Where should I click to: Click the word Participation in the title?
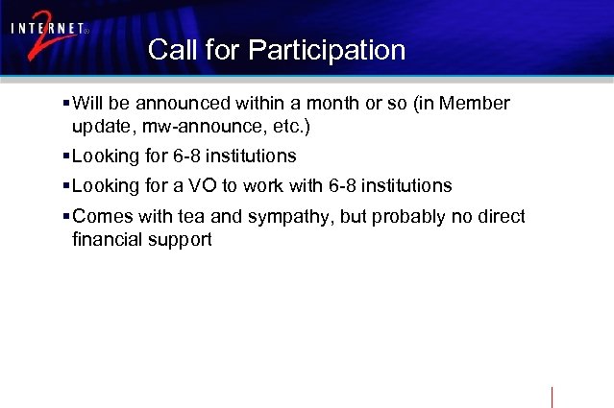coord(327,50)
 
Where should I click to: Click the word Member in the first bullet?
coord(477,104)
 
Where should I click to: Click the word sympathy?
coord(282,218)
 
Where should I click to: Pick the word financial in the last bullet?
coord(108,239)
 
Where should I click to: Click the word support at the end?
coord(180,241)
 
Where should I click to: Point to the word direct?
coord(500,217)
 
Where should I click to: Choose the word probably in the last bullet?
coord(399,218)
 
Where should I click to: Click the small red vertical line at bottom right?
coord(553,396)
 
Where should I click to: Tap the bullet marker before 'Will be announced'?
coord(64,104)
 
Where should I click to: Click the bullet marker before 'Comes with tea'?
coord(64,217)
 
